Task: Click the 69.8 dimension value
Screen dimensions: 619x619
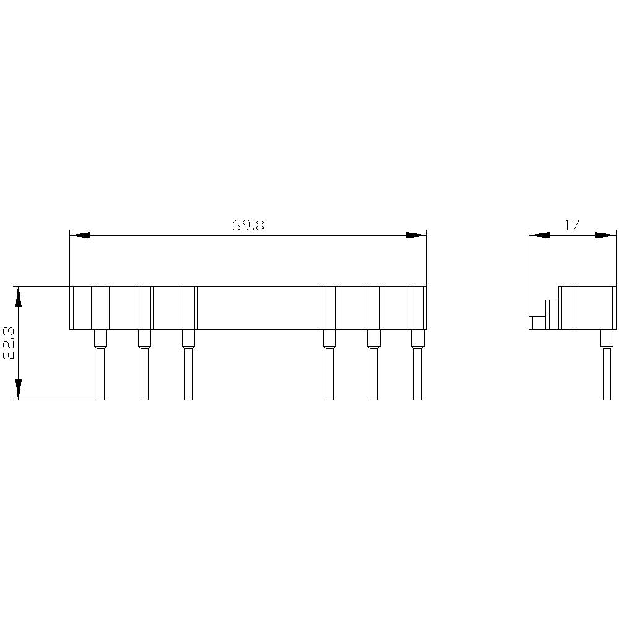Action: click(248, 225)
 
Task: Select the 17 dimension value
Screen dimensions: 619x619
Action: click(572, 225)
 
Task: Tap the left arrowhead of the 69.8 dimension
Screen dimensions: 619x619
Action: click(80, 235)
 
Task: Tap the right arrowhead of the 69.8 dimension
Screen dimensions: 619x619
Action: click(416, 235)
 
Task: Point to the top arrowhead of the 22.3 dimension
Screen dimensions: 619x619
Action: click(19, 297)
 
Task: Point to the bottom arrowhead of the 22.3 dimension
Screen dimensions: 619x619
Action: click(19, 389)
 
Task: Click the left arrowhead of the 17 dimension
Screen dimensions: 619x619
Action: click(540, 235)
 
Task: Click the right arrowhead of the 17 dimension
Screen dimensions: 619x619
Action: click(605, 235)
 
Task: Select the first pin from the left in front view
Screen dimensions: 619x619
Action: click(100, 374)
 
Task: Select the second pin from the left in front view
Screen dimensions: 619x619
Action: click(144, 374)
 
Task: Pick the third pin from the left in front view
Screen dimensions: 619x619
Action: click(188, 374)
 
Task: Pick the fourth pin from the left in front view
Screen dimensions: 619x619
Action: click(329, 374)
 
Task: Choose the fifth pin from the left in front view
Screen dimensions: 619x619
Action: click(373, 374)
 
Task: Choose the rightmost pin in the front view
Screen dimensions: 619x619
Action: click(417, 374)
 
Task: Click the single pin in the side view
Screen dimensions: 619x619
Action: click(607, 374)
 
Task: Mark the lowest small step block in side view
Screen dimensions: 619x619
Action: click(538, 322)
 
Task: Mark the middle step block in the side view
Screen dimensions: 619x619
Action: click(552, 314)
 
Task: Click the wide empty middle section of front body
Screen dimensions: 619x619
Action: click(259, 308)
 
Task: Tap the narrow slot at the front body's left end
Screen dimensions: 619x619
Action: click(72, 308)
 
